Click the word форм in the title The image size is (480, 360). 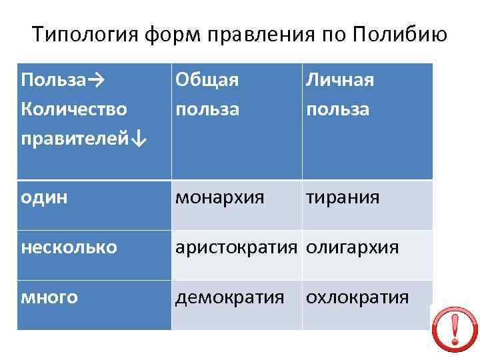172,34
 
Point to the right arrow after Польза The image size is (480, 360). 95,80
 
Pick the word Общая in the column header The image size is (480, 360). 207,80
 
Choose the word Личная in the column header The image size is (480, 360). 339,80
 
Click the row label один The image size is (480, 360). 44,198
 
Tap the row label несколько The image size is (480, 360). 69,247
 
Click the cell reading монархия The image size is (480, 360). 219,198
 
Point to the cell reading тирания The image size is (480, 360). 343,198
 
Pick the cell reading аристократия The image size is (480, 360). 235,247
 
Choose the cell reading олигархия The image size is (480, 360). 352,247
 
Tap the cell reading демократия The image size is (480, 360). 230,297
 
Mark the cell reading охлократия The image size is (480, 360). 357,297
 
